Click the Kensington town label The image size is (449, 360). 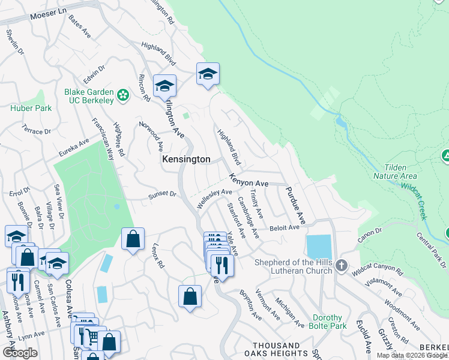[x=186, y=160]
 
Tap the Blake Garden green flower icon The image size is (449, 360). [x=123, y=95]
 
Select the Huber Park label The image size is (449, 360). [x=31, y=109]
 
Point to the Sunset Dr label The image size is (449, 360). [x=163, y=194]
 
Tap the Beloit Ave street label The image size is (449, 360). [x=284, y=228]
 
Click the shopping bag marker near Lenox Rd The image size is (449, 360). [x=133, y=238]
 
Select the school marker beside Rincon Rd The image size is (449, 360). [x=164, y=86]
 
